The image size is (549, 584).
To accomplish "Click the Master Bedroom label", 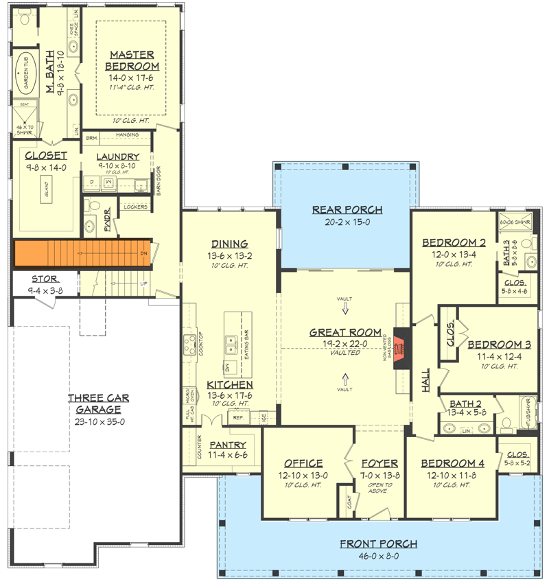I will tap(132, 60).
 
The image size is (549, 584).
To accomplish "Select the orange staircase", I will tap(82, 253).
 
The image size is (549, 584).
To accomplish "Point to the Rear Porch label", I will tap(347, 210).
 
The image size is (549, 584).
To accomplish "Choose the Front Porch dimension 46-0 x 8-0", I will tap(378, 555).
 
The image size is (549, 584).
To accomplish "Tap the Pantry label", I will tap(227, 445).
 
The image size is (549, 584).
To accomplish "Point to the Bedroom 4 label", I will tap(452, 463).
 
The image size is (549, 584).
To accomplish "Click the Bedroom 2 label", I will tap(454, 242).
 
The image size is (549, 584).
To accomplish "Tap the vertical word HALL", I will tap(425, 379).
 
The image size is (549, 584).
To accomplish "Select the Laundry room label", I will tap(117, 156).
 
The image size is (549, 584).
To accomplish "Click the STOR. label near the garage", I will tap(46, 279).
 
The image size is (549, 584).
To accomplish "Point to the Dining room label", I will tap(230, 244).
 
